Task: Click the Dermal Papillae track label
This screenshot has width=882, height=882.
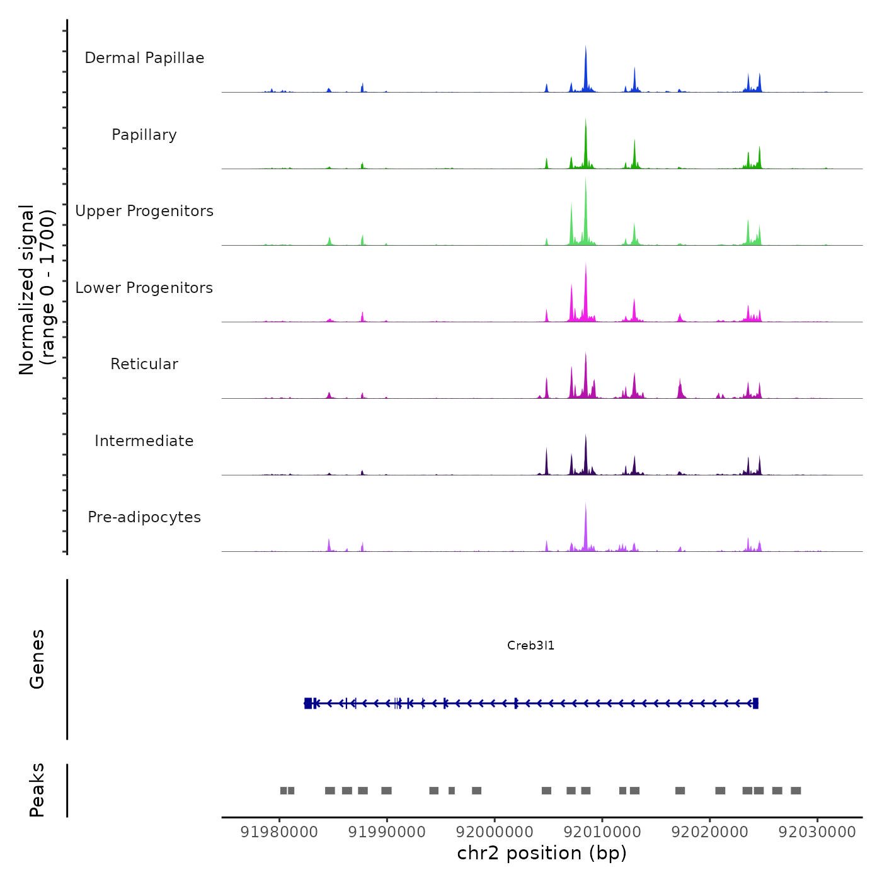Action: [x=144, y=58]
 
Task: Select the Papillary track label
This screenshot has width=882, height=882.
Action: [x=144, y=135]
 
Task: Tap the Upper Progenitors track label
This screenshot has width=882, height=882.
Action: [x=144, y=211]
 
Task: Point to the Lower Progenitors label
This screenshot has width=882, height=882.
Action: [x=144, y=288]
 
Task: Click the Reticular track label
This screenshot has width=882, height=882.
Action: [x=144, y=364]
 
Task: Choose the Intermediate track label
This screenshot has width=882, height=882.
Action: [x=144, y=441]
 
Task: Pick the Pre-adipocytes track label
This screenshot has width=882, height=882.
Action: [x=144, y=517]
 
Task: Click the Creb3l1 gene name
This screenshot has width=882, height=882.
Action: [x=530, y=646]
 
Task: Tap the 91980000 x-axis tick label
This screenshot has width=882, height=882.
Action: [x=279, y=832]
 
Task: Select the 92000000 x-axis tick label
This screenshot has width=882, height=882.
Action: [x=495, y=832]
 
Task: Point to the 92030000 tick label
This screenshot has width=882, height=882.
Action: [x=817, y=832]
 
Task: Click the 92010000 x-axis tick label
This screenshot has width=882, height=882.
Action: [x=602, y=832]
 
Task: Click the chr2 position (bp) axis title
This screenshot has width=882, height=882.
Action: [x=542, y=853]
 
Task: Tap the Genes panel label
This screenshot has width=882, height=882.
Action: [x=37, y=659]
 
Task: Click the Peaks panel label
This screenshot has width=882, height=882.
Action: [x=37, y=790]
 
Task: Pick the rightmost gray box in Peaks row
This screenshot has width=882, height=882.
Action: [x=796, y=791]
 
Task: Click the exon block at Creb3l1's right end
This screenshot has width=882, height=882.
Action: [x=755, y=703]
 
